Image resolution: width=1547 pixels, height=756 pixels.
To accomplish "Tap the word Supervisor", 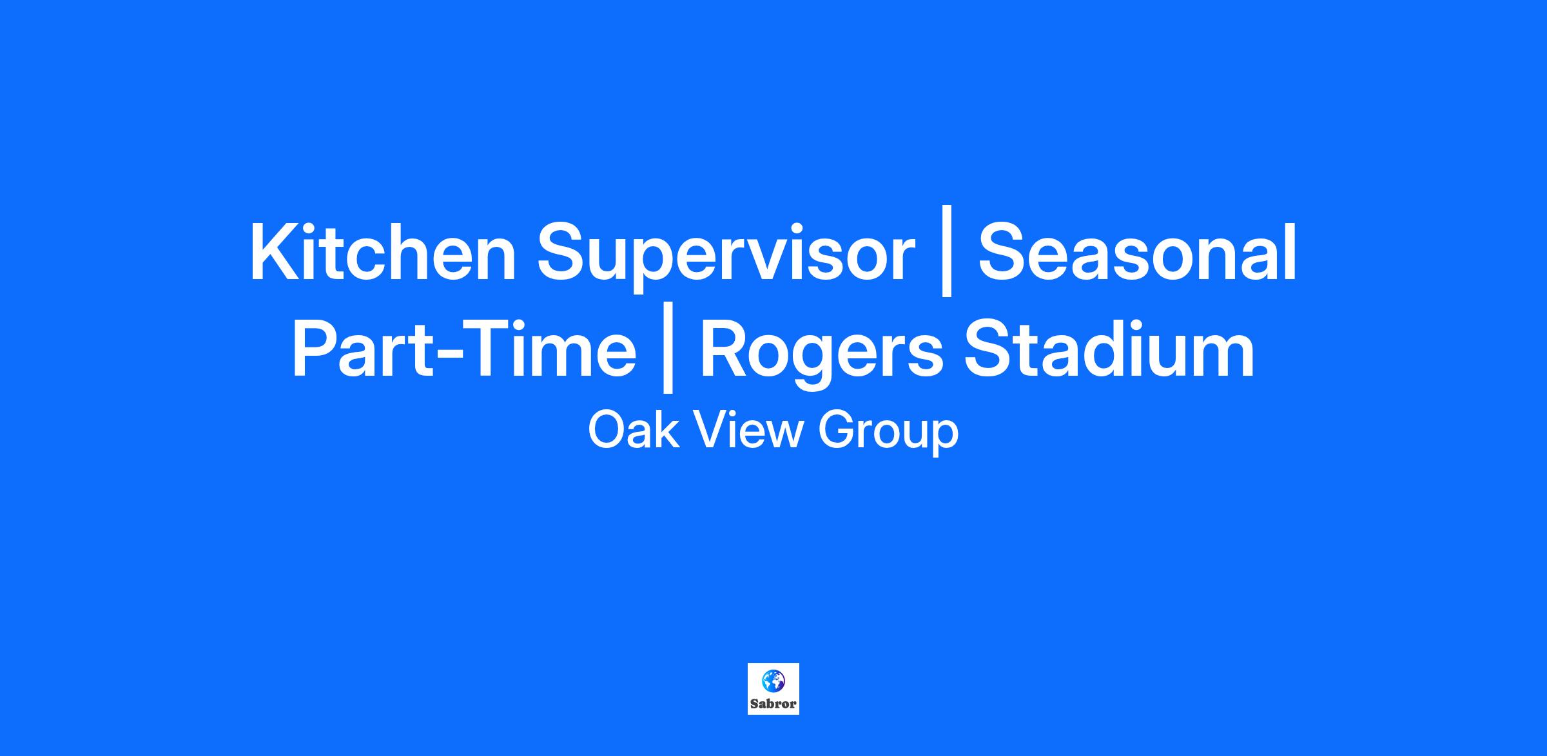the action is point(726,258).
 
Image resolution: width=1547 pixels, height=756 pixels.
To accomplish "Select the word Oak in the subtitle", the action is point(633,431).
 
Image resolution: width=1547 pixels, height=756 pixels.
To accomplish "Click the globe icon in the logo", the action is point(773,680).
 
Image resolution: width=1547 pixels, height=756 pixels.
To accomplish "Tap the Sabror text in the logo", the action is point(773,704).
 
